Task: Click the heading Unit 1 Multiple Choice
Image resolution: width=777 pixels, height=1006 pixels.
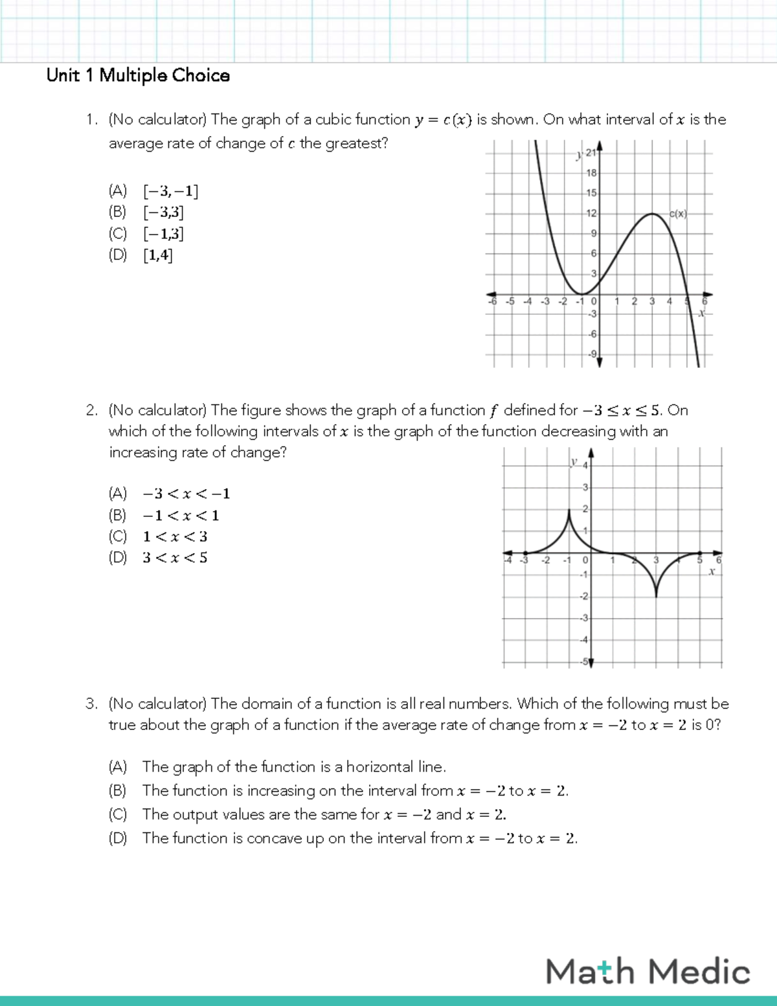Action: [x=138, y=76]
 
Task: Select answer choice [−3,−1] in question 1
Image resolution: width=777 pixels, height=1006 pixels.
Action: [x=170, y=191]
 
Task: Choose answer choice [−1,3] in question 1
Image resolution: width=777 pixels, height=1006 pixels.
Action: [x=163, y=234]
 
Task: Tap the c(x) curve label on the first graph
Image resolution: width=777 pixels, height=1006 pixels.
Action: [x=678, y=214]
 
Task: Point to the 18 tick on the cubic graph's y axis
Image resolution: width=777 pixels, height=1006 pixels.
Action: [x=591, y=173]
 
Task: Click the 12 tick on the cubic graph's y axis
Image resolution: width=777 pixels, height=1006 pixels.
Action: [x=591, y=213]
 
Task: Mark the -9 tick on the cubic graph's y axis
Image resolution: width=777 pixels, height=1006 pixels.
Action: [x=591, y=354]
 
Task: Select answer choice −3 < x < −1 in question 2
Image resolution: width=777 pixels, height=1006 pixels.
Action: [x=186, y=494]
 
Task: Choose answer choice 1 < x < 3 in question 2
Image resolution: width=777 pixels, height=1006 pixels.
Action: [x=175, y=537]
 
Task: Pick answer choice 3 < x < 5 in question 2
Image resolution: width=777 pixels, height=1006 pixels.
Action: [x=175, y=558]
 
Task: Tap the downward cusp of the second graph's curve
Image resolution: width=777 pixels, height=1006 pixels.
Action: [x=656, y=595]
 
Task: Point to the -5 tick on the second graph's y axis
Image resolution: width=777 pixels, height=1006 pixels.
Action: [x=584, y=661]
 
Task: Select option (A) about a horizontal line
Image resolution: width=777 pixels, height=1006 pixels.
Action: [x=294, y=767]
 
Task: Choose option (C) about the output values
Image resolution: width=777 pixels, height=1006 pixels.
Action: [x=324, y=814]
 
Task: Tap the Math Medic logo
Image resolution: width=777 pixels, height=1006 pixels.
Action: [x=647, y=972]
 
